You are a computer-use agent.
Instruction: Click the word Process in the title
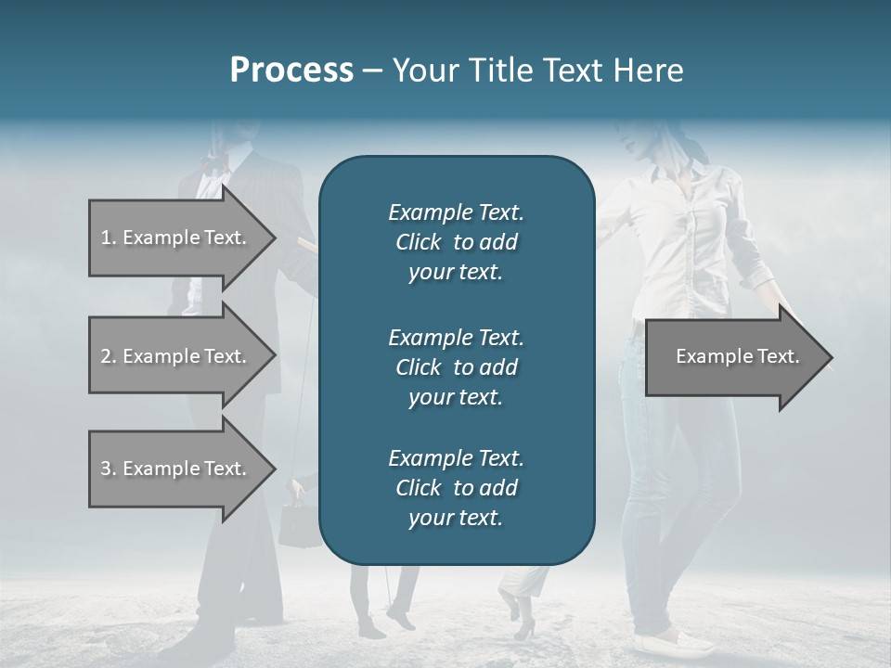tap(291, 71)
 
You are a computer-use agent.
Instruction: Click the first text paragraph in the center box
tap(456, 242)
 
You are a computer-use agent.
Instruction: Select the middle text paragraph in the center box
tap(456, 367)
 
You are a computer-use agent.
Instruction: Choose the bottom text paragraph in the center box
tap(456, 488)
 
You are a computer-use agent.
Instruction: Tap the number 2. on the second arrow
tap(109, 356)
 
